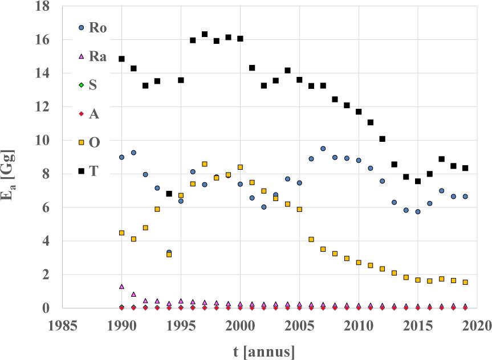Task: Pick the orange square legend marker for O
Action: (81, 142)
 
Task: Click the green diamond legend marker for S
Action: (81, 85)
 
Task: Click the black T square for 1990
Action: (121, 59)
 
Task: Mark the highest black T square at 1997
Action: (205, 34)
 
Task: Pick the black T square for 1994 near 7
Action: (169, 194)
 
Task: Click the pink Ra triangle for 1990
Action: (121, 287)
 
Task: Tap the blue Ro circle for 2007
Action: (323, 149)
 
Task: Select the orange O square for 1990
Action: (121, 233)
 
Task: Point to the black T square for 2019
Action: (465, 168)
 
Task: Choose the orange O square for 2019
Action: (465, 282)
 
